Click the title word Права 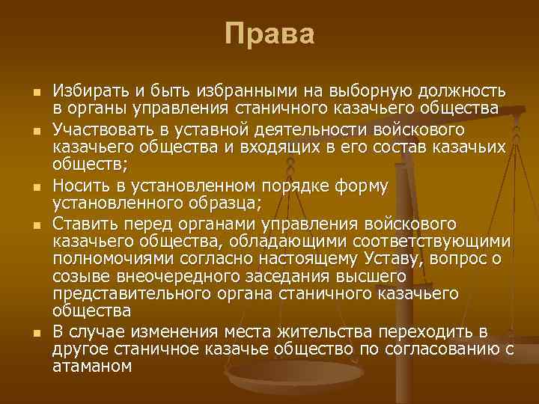pos(269,34)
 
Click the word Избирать pos(82,92)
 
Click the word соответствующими pos(432,242)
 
